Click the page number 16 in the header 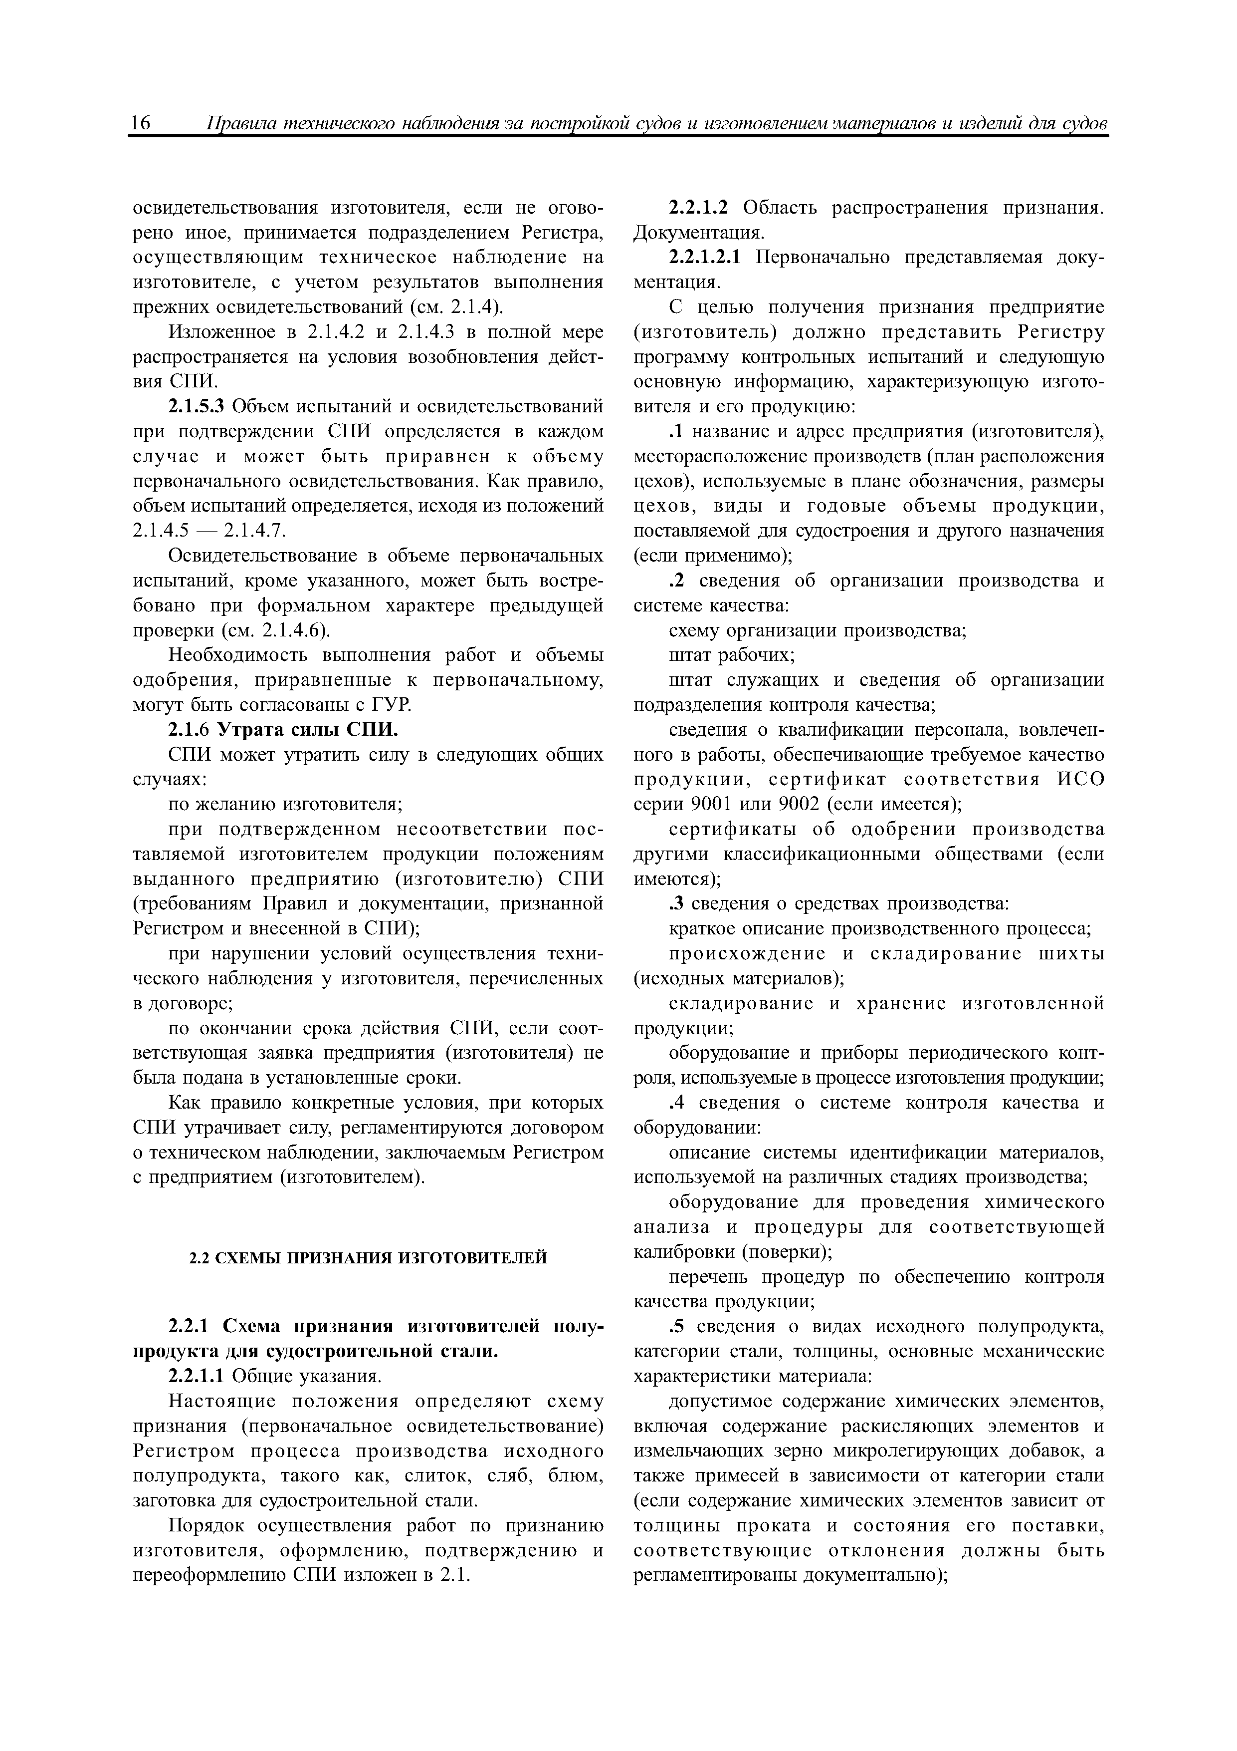pyautogui.click(x=142, y=124)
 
